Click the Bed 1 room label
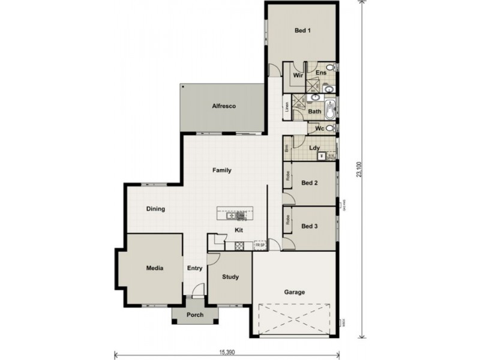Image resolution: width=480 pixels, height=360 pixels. click(302, 30)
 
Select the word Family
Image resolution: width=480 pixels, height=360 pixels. click(222, 170)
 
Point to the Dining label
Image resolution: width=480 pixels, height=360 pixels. click(155, 209)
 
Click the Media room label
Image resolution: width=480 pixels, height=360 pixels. click(154, 268)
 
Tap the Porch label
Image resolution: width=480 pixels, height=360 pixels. click(194, 315)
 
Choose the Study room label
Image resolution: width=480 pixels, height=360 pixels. click(230, 277)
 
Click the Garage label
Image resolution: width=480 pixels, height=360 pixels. click(294, 292)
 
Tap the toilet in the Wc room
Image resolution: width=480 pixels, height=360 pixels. click(329, 128)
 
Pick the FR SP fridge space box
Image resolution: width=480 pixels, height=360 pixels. click(260, 245)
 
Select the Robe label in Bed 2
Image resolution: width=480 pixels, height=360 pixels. click(288, 176)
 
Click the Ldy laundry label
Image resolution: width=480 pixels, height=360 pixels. click(313, 148)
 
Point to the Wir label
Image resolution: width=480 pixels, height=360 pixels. click(297, 76)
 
